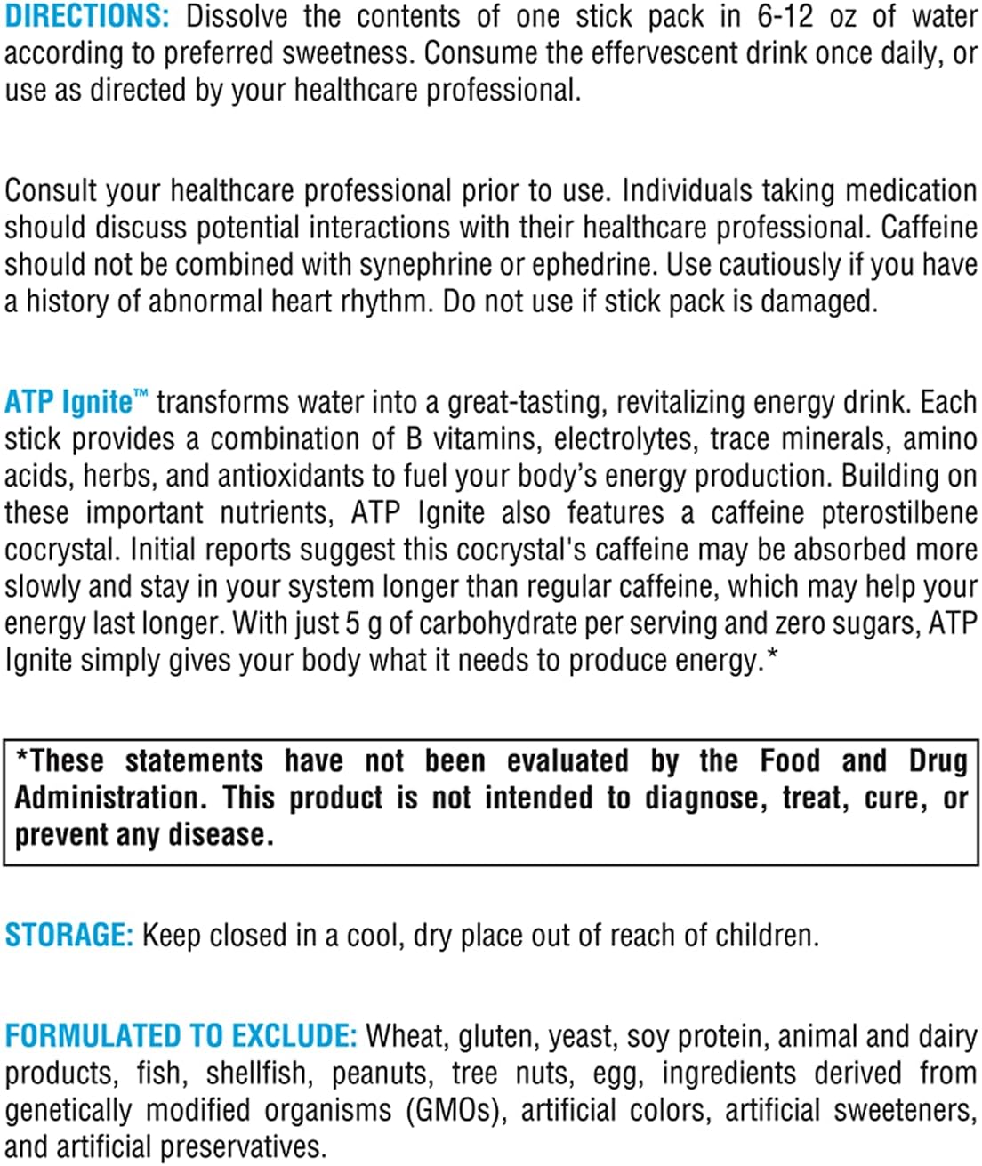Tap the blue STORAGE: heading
(68, 935)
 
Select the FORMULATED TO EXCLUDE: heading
(181, 1035)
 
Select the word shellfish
(259, 1074)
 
